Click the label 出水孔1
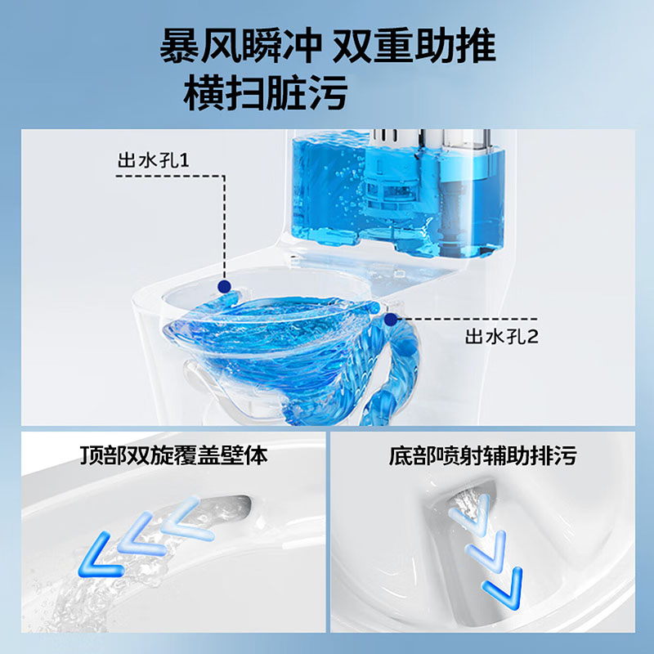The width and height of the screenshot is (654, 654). tap(154, 159)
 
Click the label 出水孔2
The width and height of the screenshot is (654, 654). tap(501, 335)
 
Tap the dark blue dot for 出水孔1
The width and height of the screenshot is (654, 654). tap(222, 285)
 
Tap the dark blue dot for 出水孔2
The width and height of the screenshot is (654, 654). tap(391, 317)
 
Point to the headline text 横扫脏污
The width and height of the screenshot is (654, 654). tap(266, 92)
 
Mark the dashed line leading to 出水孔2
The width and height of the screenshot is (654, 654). tap(466, 318)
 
